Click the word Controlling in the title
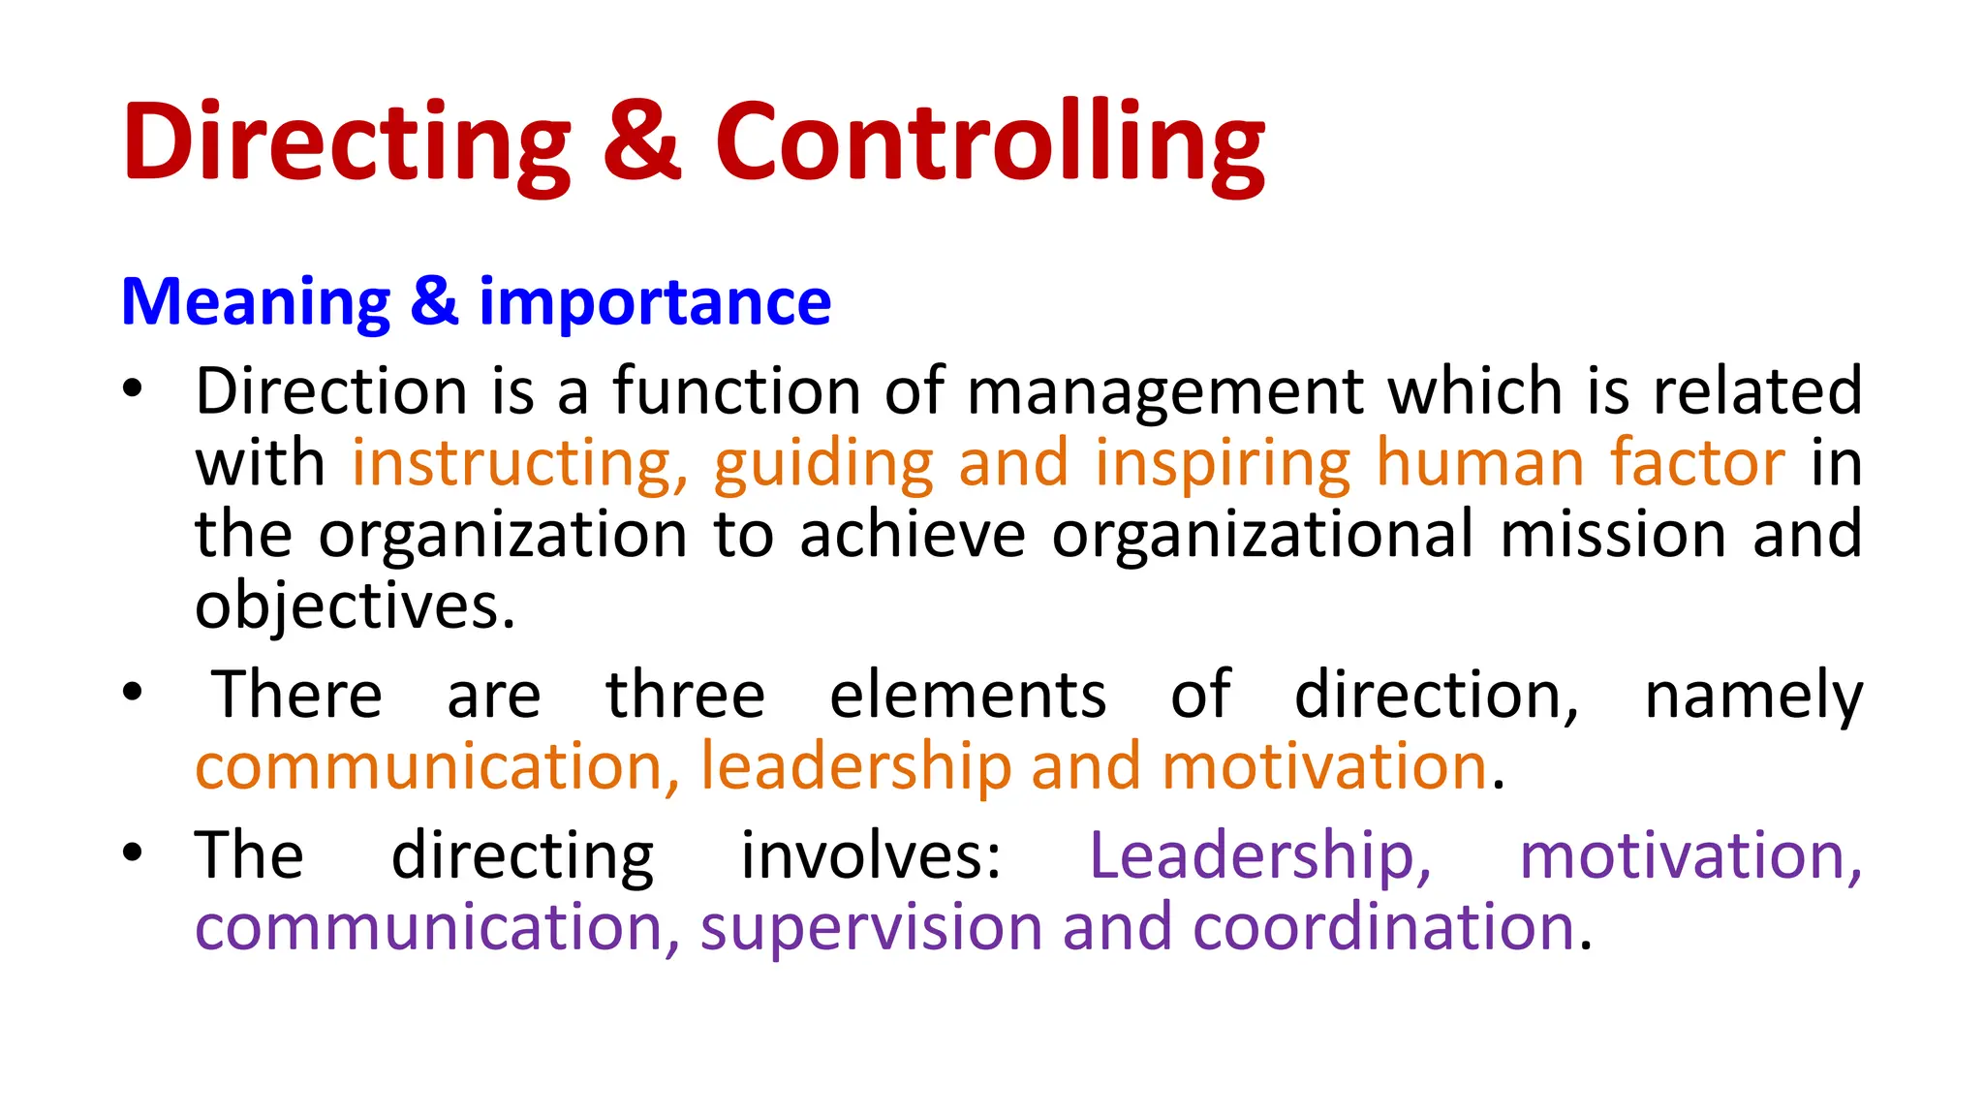[x=989, y=143]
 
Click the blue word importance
[x=655, y=303]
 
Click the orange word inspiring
[x=1223, y=464]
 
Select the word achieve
[x=913, y=535]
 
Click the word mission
[x=1613, y=535]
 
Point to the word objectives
[x=355, y=607]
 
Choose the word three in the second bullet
[x=686, y=696]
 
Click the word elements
[x=968, y=696]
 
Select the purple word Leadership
[x=1260, y=857]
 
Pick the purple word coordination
[x=1383, y=927]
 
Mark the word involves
[x=871, y=856]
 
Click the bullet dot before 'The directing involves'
[x=133, y=852]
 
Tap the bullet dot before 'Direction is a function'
[x=133, y=389]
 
